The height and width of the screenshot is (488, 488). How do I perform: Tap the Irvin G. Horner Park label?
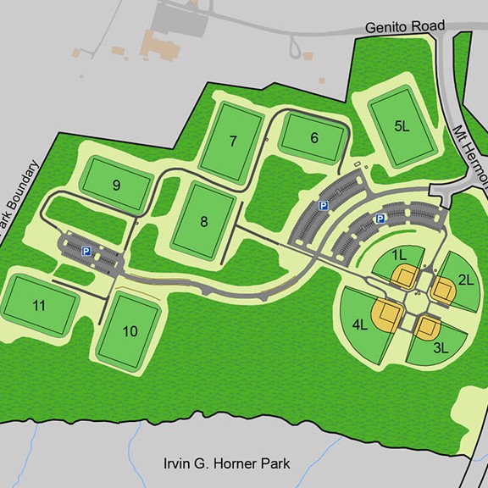point(226,463)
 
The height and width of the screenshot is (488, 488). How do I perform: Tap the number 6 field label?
point(313,138)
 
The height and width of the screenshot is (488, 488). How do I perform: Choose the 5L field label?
point(402,126)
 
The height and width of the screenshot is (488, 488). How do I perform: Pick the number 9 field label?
point(116,185)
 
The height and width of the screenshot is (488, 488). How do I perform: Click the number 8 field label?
point(203,222)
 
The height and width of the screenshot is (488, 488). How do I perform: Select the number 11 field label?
point(38,305)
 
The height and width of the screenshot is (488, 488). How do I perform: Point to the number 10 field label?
point(130,330)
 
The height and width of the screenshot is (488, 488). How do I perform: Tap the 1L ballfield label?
point(399,253)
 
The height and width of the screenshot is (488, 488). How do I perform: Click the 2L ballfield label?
point(465,280)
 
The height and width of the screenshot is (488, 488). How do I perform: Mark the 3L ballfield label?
point(441,347)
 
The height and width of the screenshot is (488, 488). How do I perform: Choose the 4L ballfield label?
point(359,323)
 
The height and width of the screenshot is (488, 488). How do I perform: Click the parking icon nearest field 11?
point(86,250)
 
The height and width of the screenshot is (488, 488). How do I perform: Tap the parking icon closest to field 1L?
point(380,219)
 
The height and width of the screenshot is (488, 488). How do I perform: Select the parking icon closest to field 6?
point(323,205)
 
